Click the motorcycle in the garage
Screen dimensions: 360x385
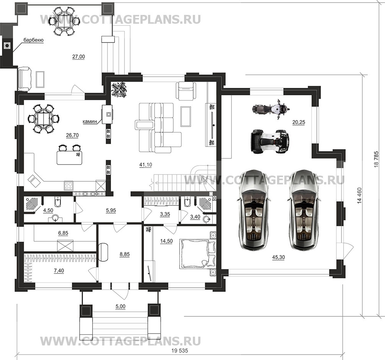coord(269,108)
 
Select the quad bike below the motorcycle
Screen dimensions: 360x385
coord(269,141)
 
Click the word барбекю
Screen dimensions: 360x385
coord(33,40)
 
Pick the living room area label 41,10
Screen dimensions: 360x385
coord(146,165)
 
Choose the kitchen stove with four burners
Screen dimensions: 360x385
coord(69,186)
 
